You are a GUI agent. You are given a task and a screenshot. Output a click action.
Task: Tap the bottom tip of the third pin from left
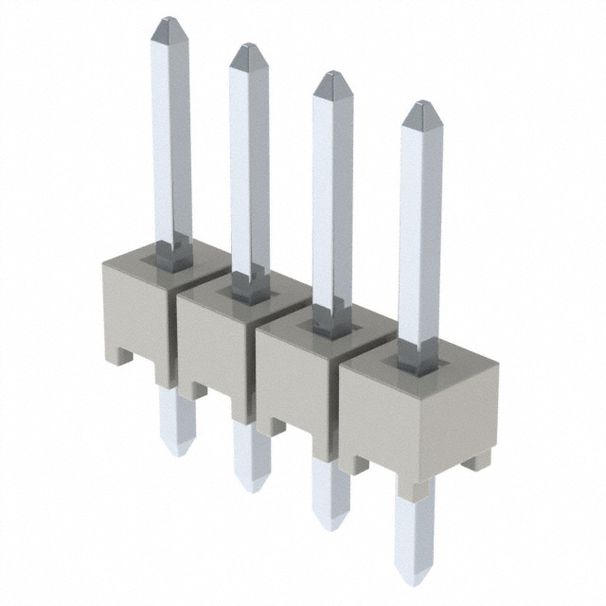[x=331, y=524]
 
